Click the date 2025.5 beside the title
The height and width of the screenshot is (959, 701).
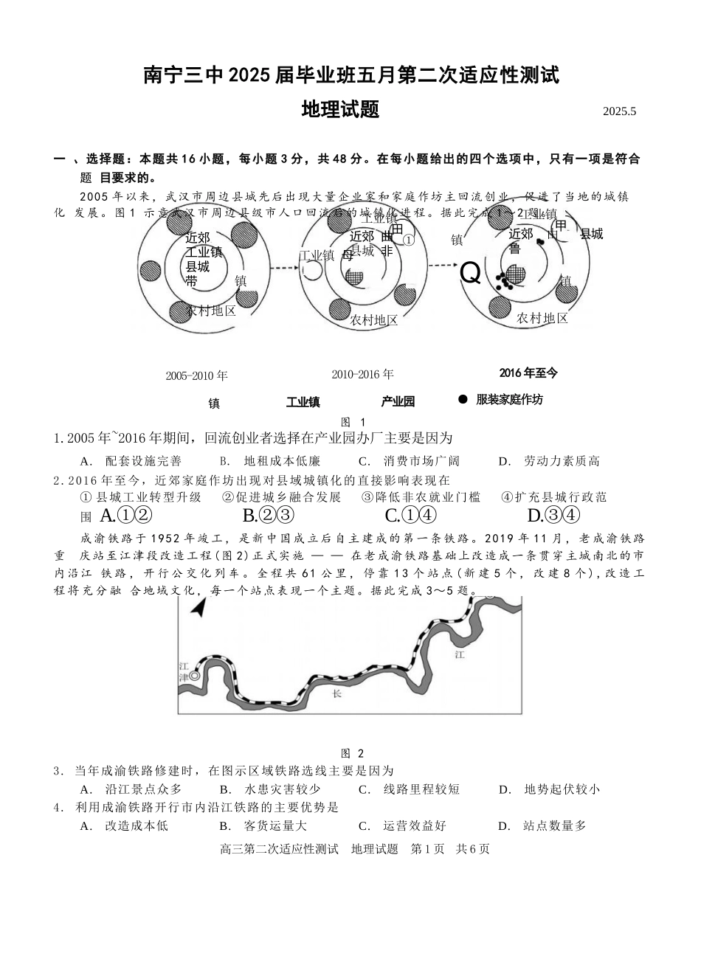(618, 111)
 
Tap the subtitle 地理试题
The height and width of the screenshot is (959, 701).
(340, 110)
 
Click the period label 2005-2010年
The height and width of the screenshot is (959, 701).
(196, 375)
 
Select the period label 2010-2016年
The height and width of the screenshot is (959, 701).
(362, 374)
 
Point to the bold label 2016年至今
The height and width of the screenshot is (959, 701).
(528, 373)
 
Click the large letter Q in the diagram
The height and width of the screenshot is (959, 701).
(470, 274)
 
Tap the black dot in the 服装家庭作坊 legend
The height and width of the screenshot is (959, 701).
(463, 399)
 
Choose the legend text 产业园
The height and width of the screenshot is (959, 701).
(398, 401)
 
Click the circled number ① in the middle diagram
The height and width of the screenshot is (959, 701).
(408, 239)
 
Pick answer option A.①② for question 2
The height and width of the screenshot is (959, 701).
(125, 515)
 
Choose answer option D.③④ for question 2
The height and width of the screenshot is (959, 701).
(553, 515)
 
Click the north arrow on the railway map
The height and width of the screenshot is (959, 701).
(197, 607)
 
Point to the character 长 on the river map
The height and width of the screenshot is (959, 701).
(336, 693)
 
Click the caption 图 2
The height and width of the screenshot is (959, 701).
(353, 753)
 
